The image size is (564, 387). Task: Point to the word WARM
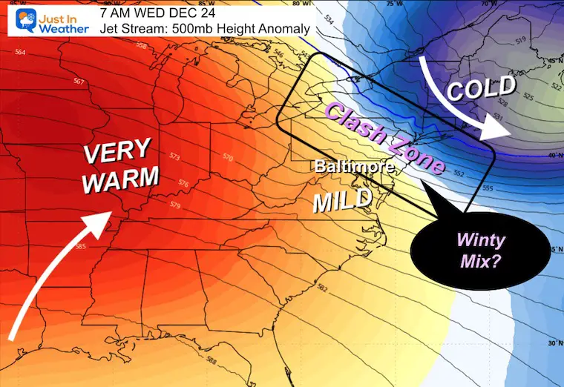[121, 179]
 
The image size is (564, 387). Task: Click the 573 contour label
[175, 156]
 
